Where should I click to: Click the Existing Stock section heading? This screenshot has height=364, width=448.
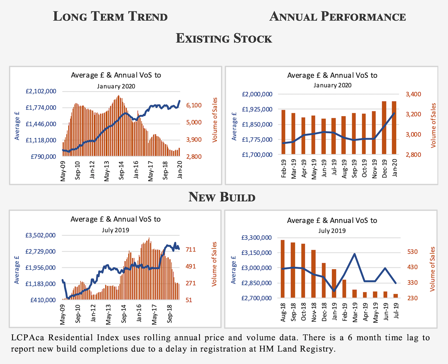pos(224,38)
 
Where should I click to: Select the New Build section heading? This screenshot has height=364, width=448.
pos(222,197)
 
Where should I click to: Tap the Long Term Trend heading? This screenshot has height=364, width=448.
pos(110,16)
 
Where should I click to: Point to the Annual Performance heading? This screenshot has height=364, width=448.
pos(338,16)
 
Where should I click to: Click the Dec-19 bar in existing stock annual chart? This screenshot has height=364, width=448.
pos(384,128)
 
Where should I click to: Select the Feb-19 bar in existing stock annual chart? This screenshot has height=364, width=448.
pos(283,132)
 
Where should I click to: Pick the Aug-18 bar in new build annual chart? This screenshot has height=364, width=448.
pos(282,269)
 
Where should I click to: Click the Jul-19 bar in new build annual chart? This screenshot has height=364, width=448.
pos(395,296)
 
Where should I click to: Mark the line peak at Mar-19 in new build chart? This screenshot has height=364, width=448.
pos(355,254)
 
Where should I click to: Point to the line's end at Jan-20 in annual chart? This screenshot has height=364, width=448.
pos(394,113)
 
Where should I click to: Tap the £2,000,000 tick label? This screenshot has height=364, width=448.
pos(257,94)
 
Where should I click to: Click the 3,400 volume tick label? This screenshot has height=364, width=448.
pos(413,94)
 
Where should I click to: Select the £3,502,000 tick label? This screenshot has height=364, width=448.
pos(40,235)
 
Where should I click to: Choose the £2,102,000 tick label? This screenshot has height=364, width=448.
pos(41,91)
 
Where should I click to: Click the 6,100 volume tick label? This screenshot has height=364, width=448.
pos(194,105)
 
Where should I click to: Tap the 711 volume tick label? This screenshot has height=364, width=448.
pos(191,250)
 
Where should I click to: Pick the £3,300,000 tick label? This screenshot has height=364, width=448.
pos(256,238)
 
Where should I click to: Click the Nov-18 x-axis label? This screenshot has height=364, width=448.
pos(314,312)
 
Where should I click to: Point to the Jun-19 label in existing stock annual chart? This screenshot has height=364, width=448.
pos(324,169)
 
